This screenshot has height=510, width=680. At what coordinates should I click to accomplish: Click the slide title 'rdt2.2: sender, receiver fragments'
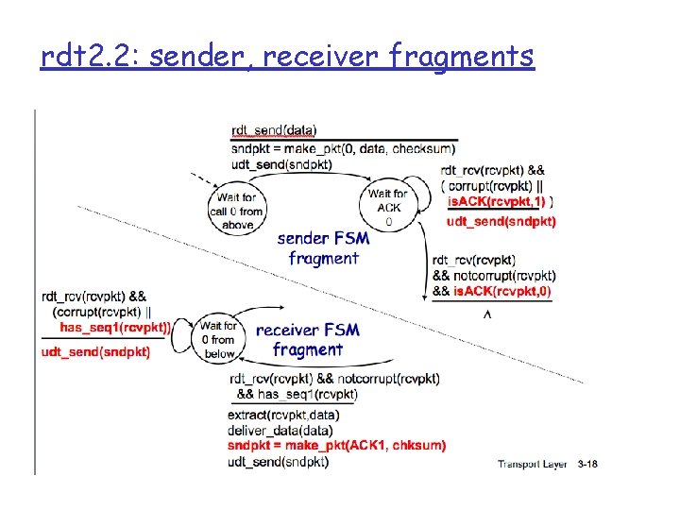[287, 58]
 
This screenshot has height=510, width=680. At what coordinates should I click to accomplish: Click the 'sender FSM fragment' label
[323, 248]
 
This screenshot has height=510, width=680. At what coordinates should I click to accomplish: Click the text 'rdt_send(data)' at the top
[274, 130]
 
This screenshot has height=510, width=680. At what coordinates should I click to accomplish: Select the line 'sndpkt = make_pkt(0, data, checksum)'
[342, 148]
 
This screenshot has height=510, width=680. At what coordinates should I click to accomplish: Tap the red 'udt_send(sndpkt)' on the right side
[501, 222]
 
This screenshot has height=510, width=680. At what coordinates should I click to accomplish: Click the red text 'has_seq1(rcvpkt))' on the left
[115, 327]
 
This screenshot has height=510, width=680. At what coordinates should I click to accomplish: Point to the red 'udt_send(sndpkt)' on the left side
[95, 352]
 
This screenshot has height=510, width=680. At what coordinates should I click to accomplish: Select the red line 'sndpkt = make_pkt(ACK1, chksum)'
[337, 445]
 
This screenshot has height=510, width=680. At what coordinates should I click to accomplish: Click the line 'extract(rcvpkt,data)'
[283, 415]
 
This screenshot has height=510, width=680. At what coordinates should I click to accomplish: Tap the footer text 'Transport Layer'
[533, 464]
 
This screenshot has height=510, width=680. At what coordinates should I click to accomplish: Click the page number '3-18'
[587, 464]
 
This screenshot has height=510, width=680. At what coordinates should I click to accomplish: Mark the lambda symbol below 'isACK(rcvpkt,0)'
[487, 314]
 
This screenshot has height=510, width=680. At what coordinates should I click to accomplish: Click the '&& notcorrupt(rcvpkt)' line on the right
[493, 276]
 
